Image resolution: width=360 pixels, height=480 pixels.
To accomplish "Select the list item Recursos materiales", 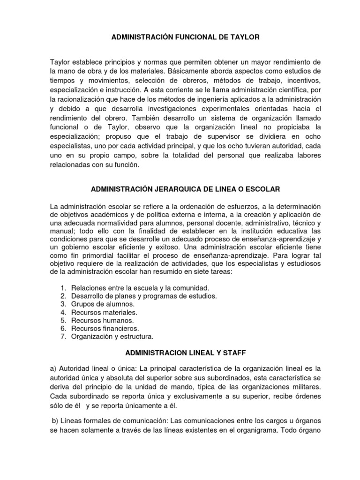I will (x=104, y=312).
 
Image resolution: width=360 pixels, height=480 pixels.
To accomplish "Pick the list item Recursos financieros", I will (x=105, y=328).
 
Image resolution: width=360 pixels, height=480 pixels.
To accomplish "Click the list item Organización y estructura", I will (x=112, y=336).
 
